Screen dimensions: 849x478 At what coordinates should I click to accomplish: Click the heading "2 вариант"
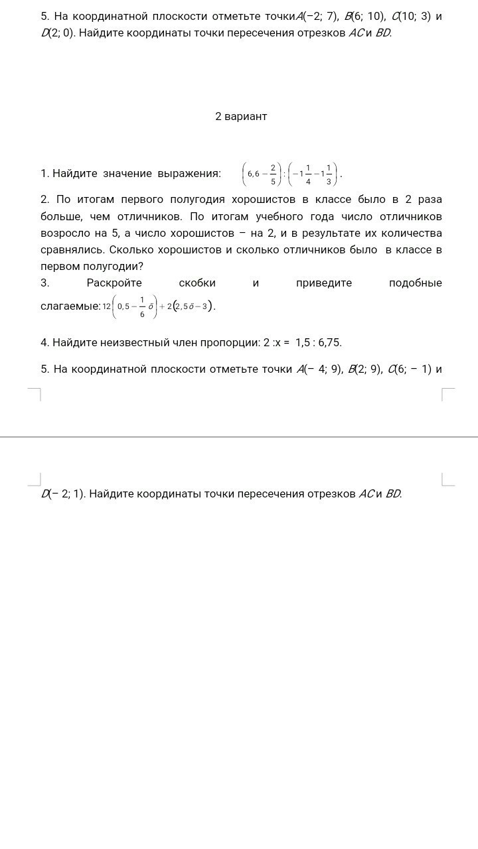pos(241,117)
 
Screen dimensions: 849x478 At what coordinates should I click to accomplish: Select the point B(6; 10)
pos(364,16)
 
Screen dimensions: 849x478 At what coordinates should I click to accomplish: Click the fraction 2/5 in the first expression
pos(273,174)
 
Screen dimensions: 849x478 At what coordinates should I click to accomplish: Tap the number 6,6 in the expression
pos(254,174)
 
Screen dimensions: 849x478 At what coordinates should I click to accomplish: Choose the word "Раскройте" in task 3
pos(114,283)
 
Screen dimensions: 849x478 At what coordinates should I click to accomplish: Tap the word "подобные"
pos(415,283)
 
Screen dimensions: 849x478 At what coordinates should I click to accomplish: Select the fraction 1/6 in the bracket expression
pos(142,306)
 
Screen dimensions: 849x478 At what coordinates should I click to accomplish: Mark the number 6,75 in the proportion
pos(328,343)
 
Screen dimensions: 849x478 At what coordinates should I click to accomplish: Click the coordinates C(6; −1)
pos(409,369)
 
